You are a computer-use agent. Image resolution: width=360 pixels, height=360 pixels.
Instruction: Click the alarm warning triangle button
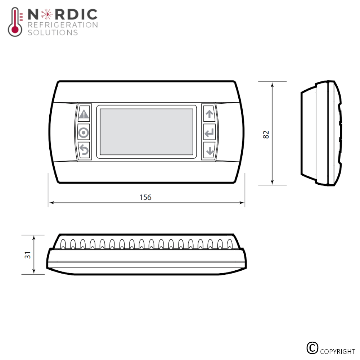pyautogui.click(x=84, y=114)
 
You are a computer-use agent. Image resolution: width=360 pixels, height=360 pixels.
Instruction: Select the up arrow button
pyautogui.click(x=209, y=114)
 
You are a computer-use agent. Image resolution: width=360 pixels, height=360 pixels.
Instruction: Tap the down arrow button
pyautogui.click(x=209, y=150)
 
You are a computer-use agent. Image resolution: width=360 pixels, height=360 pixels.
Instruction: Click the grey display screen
pyautogui.click(x=146, y=132)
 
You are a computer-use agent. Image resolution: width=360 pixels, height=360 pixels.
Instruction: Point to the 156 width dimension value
pyautogui.click(x=145, y=197)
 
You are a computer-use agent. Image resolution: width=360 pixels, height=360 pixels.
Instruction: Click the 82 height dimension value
pyautogui.click(x=266, y=134)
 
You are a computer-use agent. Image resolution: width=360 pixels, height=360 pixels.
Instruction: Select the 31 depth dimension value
pyautogui.click(x=28, y=255)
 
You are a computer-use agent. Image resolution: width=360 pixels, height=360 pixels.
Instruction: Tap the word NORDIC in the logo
pyautogui.click(x=62, y=15)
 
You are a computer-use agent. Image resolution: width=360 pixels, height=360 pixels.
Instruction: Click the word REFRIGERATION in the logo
pyautogui.click(x=62, y=25)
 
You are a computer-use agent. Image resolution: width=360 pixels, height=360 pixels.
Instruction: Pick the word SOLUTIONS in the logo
pyautogui.click(x=53, y=33)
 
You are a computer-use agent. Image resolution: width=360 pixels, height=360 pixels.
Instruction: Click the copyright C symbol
pyautogui.click(x=312, y=348)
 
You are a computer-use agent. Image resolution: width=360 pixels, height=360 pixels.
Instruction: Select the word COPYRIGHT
pyautogui.click(x=337, y=351)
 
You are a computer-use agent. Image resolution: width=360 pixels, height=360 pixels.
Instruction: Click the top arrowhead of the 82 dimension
pyautogui.click(x=272, y=84)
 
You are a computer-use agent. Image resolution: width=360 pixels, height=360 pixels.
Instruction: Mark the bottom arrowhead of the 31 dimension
pyautogui.click(x=34, y=272)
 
